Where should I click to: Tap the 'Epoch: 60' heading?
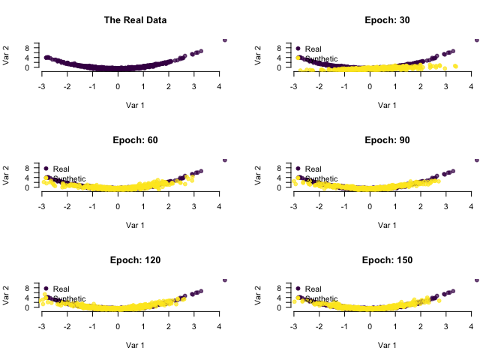(x=135, y=140)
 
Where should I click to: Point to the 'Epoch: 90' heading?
(x=387, y=140)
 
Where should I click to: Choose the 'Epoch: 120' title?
(x=135, y=260)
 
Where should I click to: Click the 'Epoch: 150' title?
(x=387, y=260)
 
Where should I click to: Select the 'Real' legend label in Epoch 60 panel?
(x=61, y=169)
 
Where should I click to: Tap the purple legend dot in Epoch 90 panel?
(x=298, y=168)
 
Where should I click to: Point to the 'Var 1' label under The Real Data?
(x=135, y=106)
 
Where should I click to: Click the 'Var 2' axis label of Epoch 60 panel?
(x=7, y=175)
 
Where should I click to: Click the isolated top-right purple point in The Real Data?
(x=225, y=40)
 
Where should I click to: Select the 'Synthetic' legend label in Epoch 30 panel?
(x=321, y=58)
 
